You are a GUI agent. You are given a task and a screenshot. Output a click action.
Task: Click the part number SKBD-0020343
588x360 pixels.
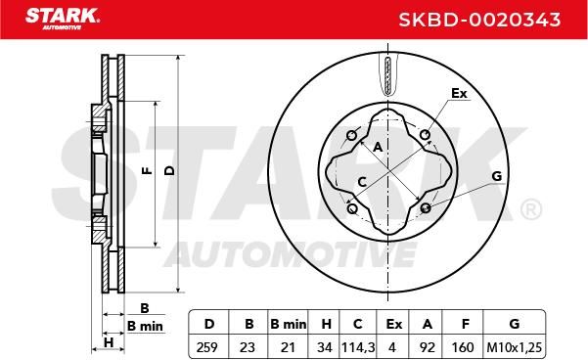click(x=479, y=20)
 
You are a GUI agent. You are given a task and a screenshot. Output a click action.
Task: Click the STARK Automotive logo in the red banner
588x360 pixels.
click(x=63, y=19)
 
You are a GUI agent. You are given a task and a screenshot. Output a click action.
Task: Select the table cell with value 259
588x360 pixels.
click(x=207, y=347)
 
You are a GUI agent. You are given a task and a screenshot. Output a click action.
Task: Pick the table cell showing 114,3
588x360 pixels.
click(x=358, y=347)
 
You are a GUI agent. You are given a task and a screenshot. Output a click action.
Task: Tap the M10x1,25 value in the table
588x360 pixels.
click(x=514, y=347)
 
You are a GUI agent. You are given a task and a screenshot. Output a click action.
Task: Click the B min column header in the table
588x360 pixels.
click(x=289, y=324)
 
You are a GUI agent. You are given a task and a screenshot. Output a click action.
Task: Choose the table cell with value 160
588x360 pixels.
click(x=463, y=347)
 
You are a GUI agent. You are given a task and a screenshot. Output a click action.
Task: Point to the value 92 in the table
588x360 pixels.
click(x=428, y=347)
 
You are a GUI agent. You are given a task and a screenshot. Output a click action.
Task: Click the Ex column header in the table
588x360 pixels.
click(x=393, y=324)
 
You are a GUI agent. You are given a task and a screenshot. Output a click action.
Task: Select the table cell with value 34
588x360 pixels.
click(x=325, y=347)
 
